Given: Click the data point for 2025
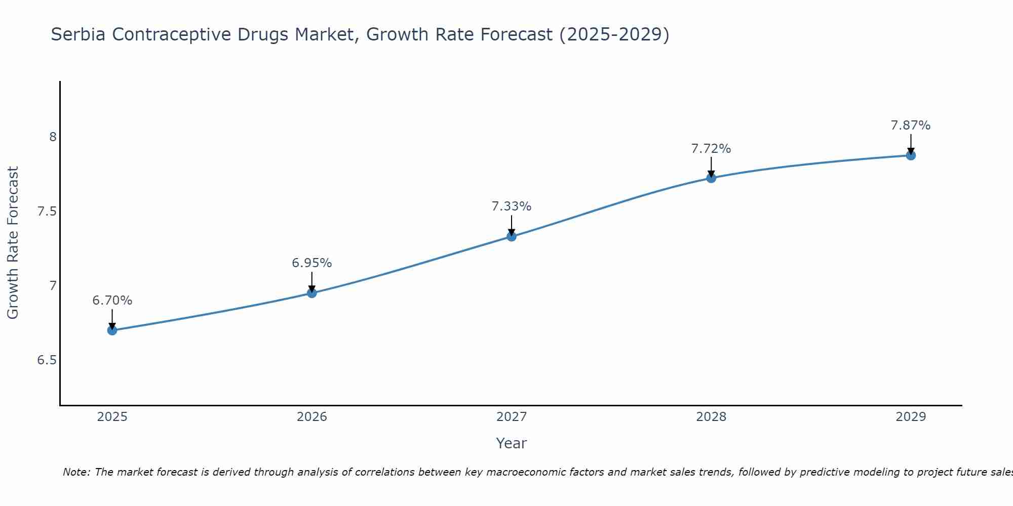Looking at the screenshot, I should [x=112, y=330].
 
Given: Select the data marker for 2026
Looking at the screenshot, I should [x=312, y=293].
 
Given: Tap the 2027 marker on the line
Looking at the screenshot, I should [x=512, y=236].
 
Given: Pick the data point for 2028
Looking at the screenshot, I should [x=711, y=178].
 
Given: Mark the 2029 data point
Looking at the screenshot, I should [x=911, y=155].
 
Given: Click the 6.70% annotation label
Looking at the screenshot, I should [x=112, y=301].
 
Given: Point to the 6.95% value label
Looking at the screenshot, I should [x=312, y=263].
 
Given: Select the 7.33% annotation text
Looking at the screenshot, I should [x=512, y=206].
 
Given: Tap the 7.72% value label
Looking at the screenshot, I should [x=711, y=149].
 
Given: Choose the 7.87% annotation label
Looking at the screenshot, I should [x=911, y=125].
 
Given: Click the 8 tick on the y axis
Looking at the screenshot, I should [x=53, y=137].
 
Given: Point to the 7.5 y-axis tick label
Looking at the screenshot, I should [x=47, y=212].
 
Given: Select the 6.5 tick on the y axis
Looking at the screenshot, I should [x=47, y=360].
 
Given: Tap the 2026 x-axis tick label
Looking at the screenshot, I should [x=312, y=417].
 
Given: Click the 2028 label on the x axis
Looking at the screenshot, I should [x=711, y=417].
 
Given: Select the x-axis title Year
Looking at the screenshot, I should [x=512, y=443].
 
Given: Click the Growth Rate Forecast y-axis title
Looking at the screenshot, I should [x=13, y=243].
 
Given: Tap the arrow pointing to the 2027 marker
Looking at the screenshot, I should [x=512, y=225].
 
